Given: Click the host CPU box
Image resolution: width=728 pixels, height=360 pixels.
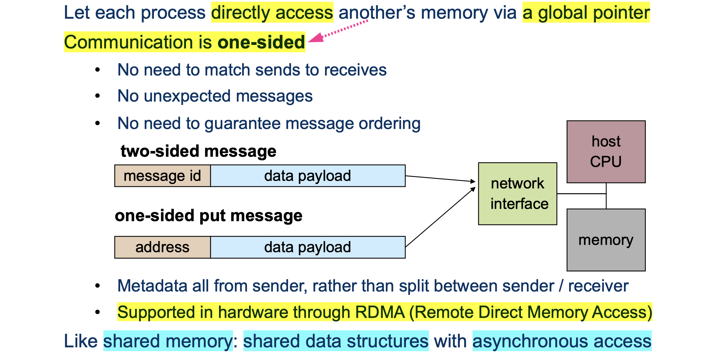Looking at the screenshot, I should click(606, 152).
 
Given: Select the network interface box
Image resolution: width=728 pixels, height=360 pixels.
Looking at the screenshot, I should click(517, 194).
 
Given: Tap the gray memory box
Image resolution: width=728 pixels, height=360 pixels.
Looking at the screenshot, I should click(606, 240).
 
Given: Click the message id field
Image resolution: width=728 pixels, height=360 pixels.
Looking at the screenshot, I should click(162, 176).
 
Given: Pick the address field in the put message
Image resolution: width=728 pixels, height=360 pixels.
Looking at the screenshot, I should click(162, 247).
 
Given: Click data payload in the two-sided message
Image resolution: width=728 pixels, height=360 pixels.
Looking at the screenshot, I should click(308, 176).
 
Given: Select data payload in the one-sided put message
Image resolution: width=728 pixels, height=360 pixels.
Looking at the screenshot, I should click(308, 247).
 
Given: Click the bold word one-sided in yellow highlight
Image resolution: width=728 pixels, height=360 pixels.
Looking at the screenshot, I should click(261, 42).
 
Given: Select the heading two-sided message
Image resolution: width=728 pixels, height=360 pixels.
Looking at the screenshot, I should click(198, 151).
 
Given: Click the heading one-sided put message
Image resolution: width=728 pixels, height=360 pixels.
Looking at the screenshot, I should click(208, 216).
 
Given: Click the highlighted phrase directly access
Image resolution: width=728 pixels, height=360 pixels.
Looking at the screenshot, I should click(272, 13).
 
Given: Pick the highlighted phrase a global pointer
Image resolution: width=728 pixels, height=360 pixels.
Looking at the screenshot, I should click(586, 13).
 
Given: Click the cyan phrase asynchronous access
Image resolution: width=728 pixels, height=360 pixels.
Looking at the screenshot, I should click(562, 341).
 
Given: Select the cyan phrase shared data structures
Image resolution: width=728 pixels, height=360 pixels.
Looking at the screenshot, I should click(336, 341).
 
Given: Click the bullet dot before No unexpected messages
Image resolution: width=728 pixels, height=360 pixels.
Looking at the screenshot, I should click(97, 96).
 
